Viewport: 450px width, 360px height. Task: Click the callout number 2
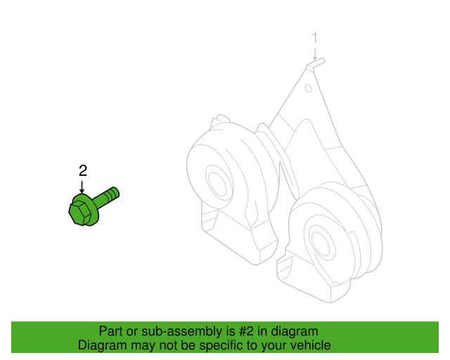[83, 171]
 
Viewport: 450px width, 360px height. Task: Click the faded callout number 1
[315, 38]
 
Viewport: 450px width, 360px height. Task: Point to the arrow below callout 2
[82, 187]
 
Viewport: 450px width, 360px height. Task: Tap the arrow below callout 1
[315, 54]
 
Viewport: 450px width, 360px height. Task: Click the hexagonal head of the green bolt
[80, 213]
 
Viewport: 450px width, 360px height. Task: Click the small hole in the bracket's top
[309, 88]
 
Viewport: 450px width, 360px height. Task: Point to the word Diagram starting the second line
[102, 345]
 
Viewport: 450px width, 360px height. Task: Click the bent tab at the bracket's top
[316, 63]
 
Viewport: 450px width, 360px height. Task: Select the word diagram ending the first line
[295, 332]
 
